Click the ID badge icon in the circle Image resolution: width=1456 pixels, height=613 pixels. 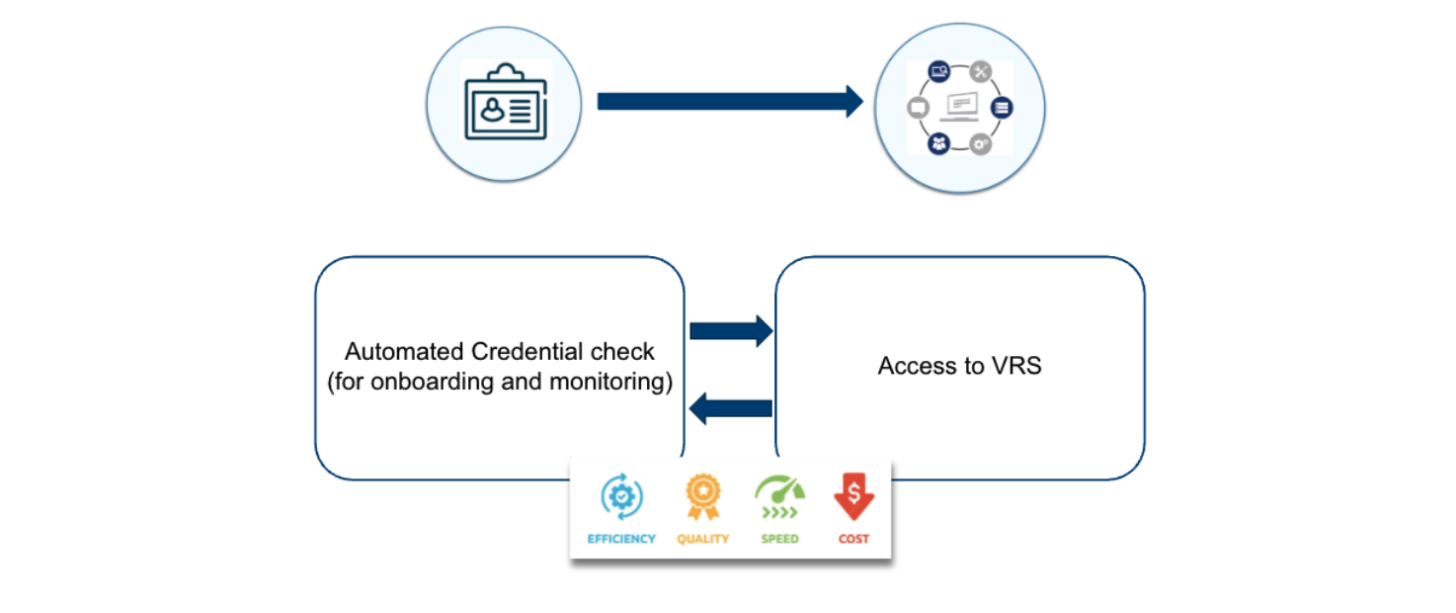click(x=506, y=102)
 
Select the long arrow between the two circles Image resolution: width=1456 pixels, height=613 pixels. click(x=730, y=102)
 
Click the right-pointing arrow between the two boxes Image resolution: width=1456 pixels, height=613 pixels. click(x=731, y=331)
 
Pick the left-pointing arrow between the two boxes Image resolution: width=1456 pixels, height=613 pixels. click(x=731, y=408)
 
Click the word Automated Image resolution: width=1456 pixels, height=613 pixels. click(x=404, y=351)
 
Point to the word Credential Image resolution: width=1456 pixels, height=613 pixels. click(x=527, y=351)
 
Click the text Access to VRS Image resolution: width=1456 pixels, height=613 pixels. click(x=959, y=366)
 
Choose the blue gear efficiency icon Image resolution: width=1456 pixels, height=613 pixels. click(x=622, y=496)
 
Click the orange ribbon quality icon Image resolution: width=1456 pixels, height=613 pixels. click(x=702, y=496)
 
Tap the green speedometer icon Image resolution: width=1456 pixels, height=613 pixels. click(x=780, y=497)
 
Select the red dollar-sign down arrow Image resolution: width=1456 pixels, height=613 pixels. click(x=854, y=496)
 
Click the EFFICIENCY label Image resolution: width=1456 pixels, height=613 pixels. click(x=621, y=539)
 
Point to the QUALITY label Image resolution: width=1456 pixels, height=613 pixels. click(x=702, y=539)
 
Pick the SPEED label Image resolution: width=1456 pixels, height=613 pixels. click(x=780, y=539)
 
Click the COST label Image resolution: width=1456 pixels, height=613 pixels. click(x=854, y=539)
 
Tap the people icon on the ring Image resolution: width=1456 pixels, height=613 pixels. click(x=938, y=143)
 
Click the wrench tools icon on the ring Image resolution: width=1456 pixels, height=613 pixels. click(x=980, y=71)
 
